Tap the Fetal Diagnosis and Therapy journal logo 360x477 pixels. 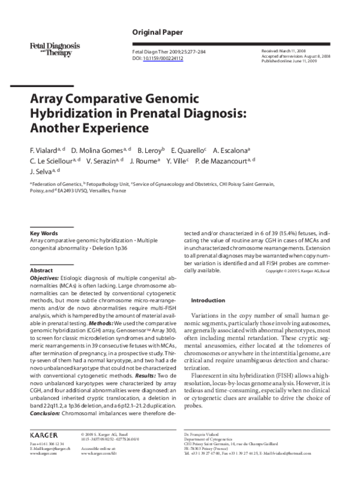50,47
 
